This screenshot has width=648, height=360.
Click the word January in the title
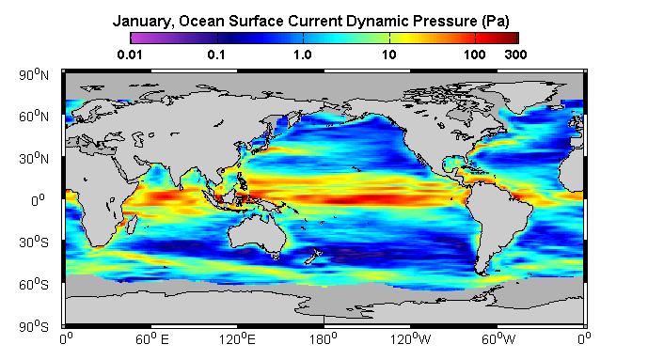tap(140, 22)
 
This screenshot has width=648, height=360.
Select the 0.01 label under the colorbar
tap(130, 55)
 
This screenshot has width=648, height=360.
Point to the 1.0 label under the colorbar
tap(303, 55)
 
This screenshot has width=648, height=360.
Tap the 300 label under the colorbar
tap(515, 55)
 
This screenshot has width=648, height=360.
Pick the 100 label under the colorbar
tap(474, 55)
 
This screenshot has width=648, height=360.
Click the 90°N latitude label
tap(34, 74)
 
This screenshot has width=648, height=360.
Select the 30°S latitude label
tap(34, 242)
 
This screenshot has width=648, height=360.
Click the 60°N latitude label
tap(34, 117)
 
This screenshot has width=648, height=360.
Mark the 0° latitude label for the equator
tap(38, 200)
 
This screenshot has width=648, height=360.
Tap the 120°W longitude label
tap(410, 338)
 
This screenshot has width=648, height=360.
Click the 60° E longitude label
tap(152, 338)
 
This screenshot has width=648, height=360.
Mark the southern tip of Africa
tap(96, 246)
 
